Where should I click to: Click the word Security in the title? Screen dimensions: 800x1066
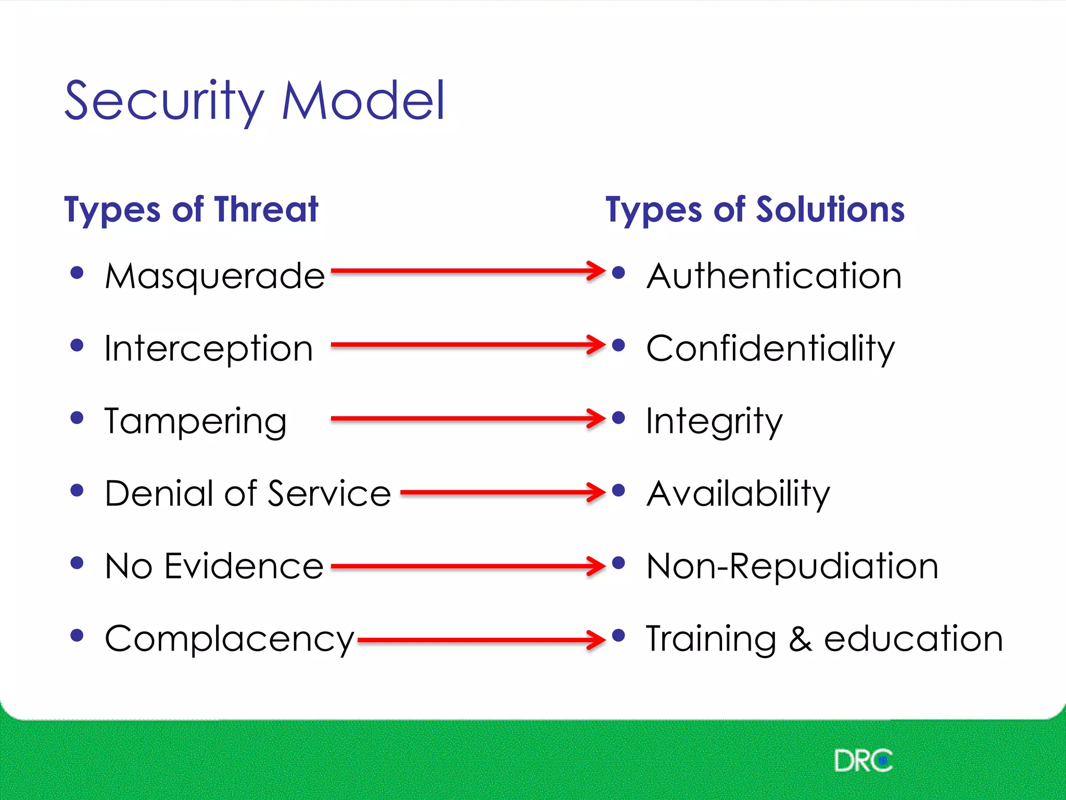(x=164, y=102)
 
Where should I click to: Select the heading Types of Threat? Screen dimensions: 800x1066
(x=191, y=210)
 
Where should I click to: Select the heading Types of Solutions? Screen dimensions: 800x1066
(x=755, y=210)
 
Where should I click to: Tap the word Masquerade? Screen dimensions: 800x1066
(x=214, y=276)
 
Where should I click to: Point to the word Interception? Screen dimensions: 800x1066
(x=208, y=348)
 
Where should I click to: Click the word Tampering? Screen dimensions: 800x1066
(x=195, y=421)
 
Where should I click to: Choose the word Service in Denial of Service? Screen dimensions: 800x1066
(x=329, y=493)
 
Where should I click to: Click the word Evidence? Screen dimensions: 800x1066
(x=244, y=566)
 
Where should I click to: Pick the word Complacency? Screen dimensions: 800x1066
(x=229, y=639)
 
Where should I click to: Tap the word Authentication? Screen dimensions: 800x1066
(x=774, y=276)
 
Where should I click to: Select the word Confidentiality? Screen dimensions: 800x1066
(x=770, y=348)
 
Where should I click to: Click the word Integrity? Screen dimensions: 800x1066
(x=714, y=421)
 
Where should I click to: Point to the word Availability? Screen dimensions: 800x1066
(x=738, y=493)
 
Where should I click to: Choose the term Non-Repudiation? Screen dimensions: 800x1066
(x=792, y=566)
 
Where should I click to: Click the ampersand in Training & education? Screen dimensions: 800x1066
(x=800, y=639)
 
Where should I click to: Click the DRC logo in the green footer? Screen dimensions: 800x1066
(x=862, y=761)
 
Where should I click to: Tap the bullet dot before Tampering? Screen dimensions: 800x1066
(x=77, y=418)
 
